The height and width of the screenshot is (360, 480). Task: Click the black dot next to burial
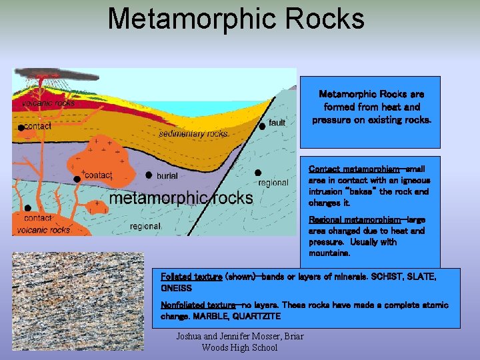pos(149,175)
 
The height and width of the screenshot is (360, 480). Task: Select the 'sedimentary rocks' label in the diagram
pos(193,134)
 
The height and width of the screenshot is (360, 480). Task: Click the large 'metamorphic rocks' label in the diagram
pos(181,198)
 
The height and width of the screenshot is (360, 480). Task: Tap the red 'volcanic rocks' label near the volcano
pos(48,103)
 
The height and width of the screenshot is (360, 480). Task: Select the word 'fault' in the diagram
pos(277,123)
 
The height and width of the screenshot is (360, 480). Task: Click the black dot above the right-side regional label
pos(257,173)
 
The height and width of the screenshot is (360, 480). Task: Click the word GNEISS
pos(176,288)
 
